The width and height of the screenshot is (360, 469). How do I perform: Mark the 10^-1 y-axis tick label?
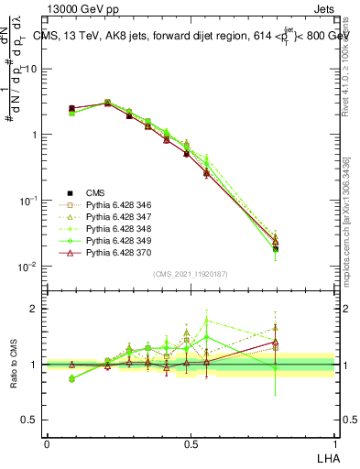point(28,201)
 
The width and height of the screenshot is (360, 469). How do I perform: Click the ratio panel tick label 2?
point(35,310)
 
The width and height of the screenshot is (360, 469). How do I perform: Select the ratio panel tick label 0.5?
point(31,420)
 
